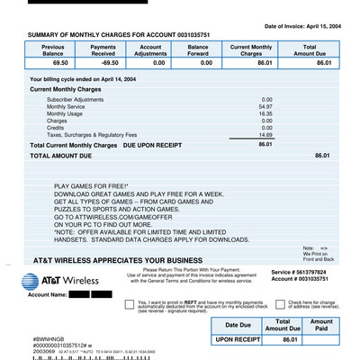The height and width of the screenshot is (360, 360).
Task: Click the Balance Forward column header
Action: [x=198, y=49]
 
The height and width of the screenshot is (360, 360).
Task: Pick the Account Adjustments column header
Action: [x=150, y=49]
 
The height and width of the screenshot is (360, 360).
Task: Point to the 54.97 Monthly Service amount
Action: [x=265, y=106]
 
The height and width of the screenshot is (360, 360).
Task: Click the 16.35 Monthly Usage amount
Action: [x=265, y=113]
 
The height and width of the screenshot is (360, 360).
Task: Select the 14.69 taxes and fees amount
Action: [x=265, y=134]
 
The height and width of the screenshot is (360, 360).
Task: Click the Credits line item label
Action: [x=57, y=127]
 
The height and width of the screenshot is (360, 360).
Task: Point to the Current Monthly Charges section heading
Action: [x=65, y=90]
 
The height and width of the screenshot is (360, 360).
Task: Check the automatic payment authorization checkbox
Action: [x=130, y=304]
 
